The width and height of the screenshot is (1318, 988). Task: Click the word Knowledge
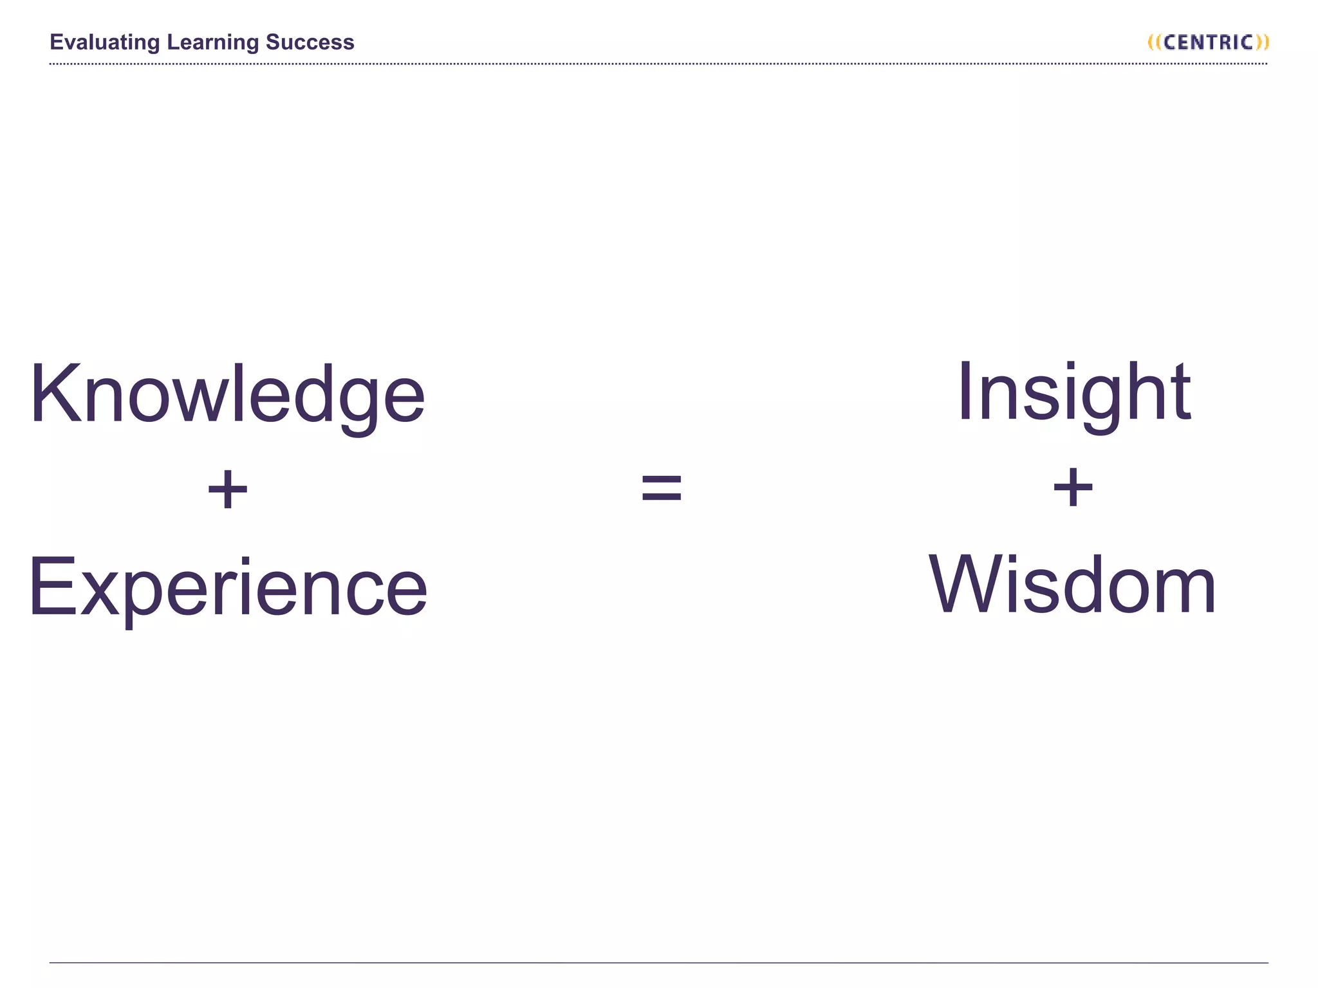227,394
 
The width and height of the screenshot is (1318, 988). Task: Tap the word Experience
228,587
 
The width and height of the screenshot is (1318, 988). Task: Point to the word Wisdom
1072,585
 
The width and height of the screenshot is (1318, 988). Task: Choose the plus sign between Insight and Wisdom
1073,488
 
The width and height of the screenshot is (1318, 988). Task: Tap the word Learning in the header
212,42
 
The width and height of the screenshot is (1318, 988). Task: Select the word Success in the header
310,42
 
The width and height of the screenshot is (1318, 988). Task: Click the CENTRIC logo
1208,42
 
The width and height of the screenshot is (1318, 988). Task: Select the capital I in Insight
965,391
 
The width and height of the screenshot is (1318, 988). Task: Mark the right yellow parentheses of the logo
1261,42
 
